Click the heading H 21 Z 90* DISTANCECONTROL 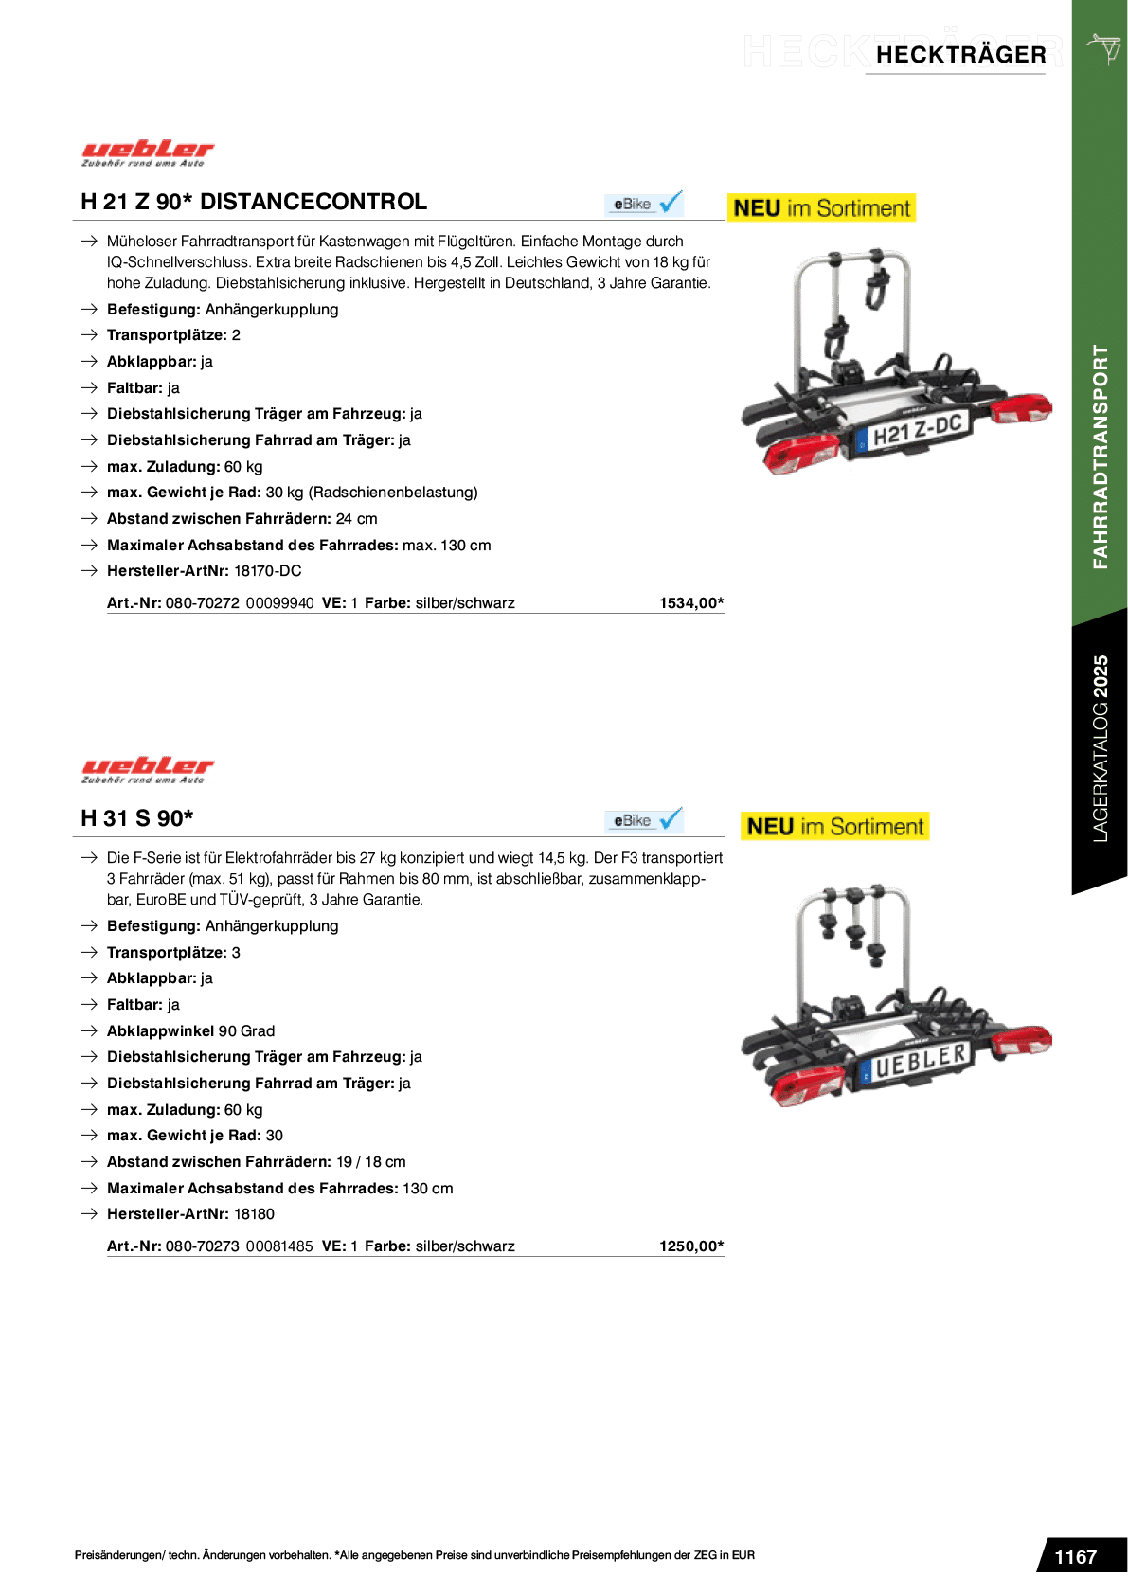254,202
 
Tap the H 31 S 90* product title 137,818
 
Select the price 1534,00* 691,603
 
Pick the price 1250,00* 691,1246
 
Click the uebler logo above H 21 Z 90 148,153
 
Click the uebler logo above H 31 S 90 148,769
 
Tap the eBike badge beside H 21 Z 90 644,205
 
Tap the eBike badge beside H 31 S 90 644,821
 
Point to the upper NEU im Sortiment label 822,208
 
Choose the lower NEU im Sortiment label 835,827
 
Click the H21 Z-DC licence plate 914,433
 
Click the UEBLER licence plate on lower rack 917,1063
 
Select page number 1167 1076,1557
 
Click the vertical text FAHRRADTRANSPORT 1101,457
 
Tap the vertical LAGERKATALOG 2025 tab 1100,748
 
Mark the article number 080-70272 203,603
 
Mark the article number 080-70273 203,1246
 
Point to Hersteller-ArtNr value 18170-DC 267,571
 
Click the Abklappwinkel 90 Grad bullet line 190,1031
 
